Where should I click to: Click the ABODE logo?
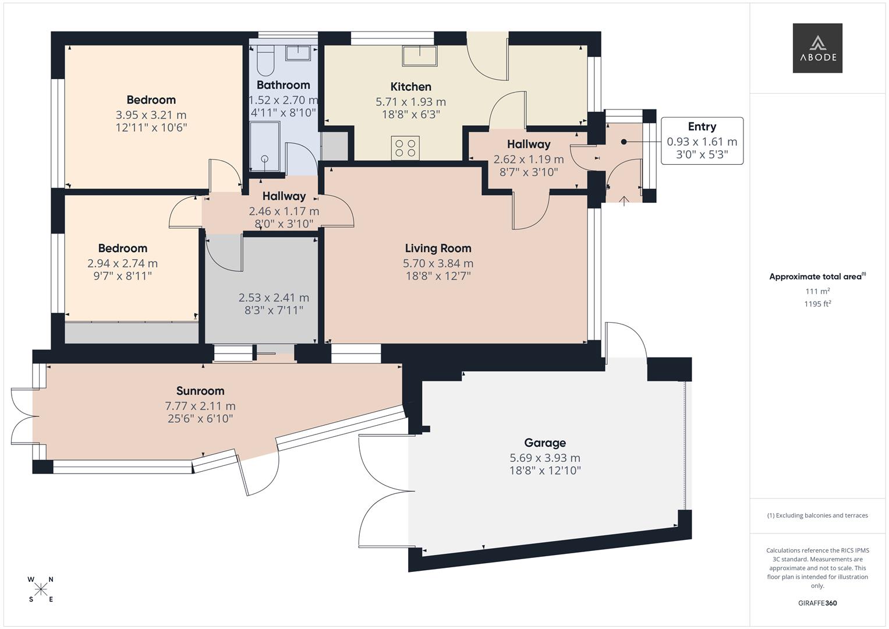click(x=817, y=48)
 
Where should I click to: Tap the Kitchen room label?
click(x=410, y=87)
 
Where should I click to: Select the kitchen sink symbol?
click(x=419, y=56)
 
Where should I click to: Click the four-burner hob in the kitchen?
click(x=405, y=148)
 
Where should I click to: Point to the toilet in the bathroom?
click(x=265, y=62)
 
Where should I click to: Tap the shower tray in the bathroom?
click(x=265, y=146)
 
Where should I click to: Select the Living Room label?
click(x=438, y=249)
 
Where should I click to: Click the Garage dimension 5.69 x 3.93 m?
click(x=544, y=458)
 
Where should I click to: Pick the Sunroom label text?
click(x=200, y=391)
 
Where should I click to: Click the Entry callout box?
click(x=702, y=141)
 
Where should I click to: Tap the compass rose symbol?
click(x=41, y=589)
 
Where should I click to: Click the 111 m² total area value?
click(x=817, y=291)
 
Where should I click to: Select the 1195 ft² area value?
click(x=817, y=303)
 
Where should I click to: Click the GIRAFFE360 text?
click(x=817, y=603)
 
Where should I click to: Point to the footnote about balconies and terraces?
click(x=817, y=515)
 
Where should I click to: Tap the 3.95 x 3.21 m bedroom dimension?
click(x=151, y=115)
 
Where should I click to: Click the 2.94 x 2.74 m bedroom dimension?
click(x=122, y=263)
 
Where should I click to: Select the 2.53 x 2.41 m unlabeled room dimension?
click(x=274, y=298)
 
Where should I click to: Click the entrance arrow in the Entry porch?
click(x=624, y=201)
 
